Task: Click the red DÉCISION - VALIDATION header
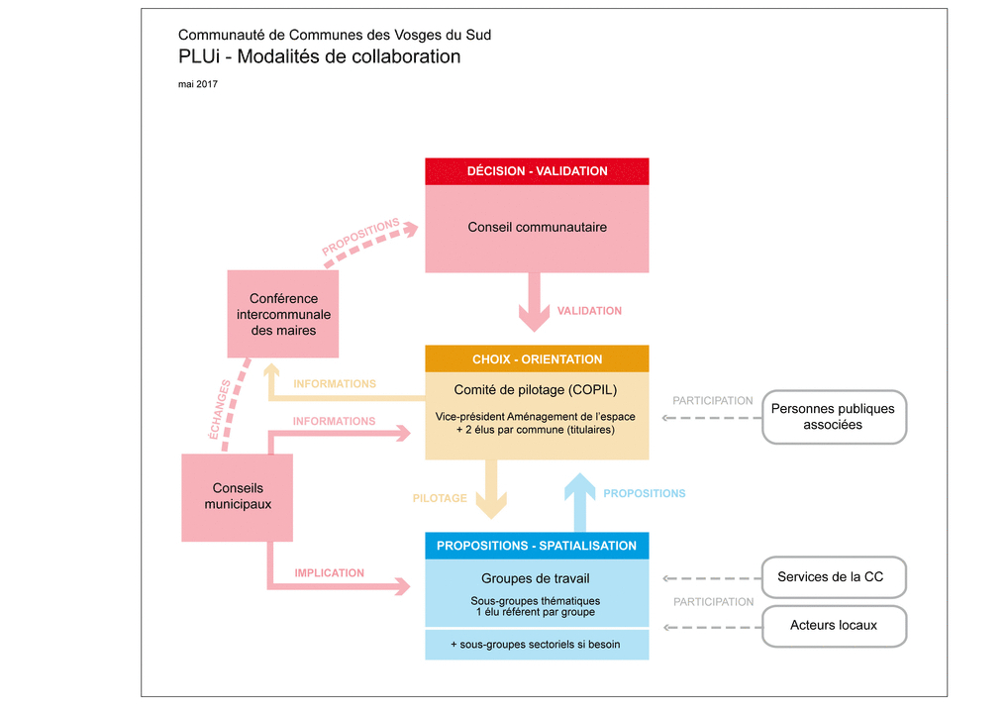pos(537,171)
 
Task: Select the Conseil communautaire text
pos(537,228)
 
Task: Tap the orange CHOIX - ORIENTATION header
pos(537,359)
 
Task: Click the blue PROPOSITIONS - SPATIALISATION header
pos(537,546)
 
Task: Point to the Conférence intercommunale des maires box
pos(283,314)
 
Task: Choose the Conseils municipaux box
pos(238,497)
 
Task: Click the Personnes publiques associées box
pos(833,417)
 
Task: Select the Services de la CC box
pos(833,577)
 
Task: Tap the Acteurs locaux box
pos(833,626)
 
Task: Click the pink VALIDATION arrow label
pos(589,311)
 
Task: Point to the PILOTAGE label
pos(440,498)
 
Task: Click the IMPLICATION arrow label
pos(330,573)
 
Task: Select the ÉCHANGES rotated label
pos(220,409)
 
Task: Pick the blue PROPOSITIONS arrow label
pos(644,493)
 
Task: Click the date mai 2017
pos(198,84)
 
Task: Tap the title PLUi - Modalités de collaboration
pos(319,57)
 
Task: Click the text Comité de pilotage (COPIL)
pos(535,390)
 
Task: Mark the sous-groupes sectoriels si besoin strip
pos(537,645)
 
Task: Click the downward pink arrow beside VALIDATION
pos(535,301)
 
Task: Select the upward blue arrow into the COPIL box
pos(581,501)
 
